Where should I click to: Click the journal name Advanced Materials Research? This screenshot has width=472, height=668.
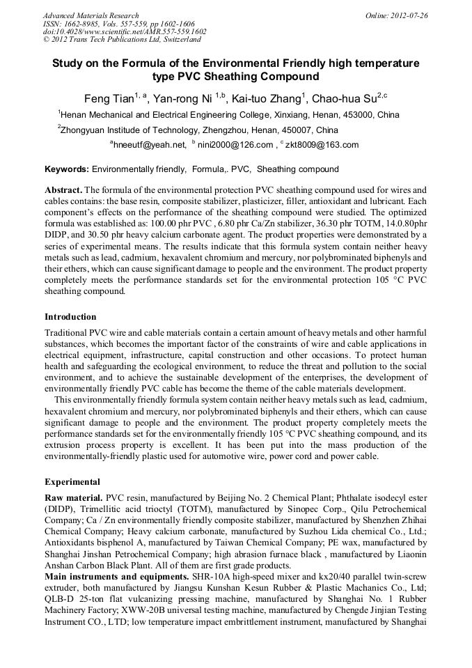[x=91, y=15]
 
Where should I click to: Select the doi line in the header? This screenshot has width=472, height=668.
[x=125, y=31]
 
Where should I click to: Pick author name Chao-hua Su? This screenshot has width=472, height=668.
[x=345, y=98]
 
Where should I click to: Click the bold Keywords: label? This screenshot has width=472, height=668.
[x=67, y=169]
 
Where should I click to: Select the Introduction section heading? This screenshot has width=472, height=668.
[x=70, y=317]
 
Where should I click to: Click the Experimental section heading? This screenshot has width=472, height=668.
[x=72, y=482]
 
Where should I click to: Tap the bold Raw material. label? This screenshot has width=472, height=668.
[x=73, y=498]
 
